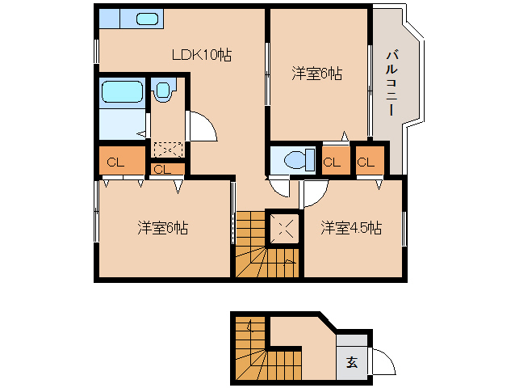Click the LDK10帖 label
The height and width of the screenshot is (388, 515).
click(x=201, y=55)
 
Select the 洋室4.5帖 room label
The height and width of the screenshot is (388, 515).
click(x=350, y=228)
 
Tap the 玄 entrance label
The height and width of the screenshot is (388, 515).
click(x=352, y=361)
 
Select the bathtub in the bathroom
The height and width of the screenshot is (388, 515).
click(x=122, y=93)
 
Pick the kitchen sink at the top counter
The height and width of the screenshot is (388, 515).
click(x=146, y=19)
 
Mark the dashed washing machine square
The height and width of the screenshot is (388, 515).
click(x=168, y=150)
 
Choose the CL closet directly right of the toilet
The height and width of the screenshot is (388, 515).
click(x=331, y=162)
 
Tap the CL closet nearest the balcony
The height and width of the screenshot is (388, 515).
click(x=366, y=162)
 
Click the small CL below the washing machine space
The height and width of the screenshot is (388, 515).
click(x=162, y=169)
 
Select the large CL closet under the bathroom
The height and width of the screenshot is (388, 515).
click(x=115, y=162)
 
